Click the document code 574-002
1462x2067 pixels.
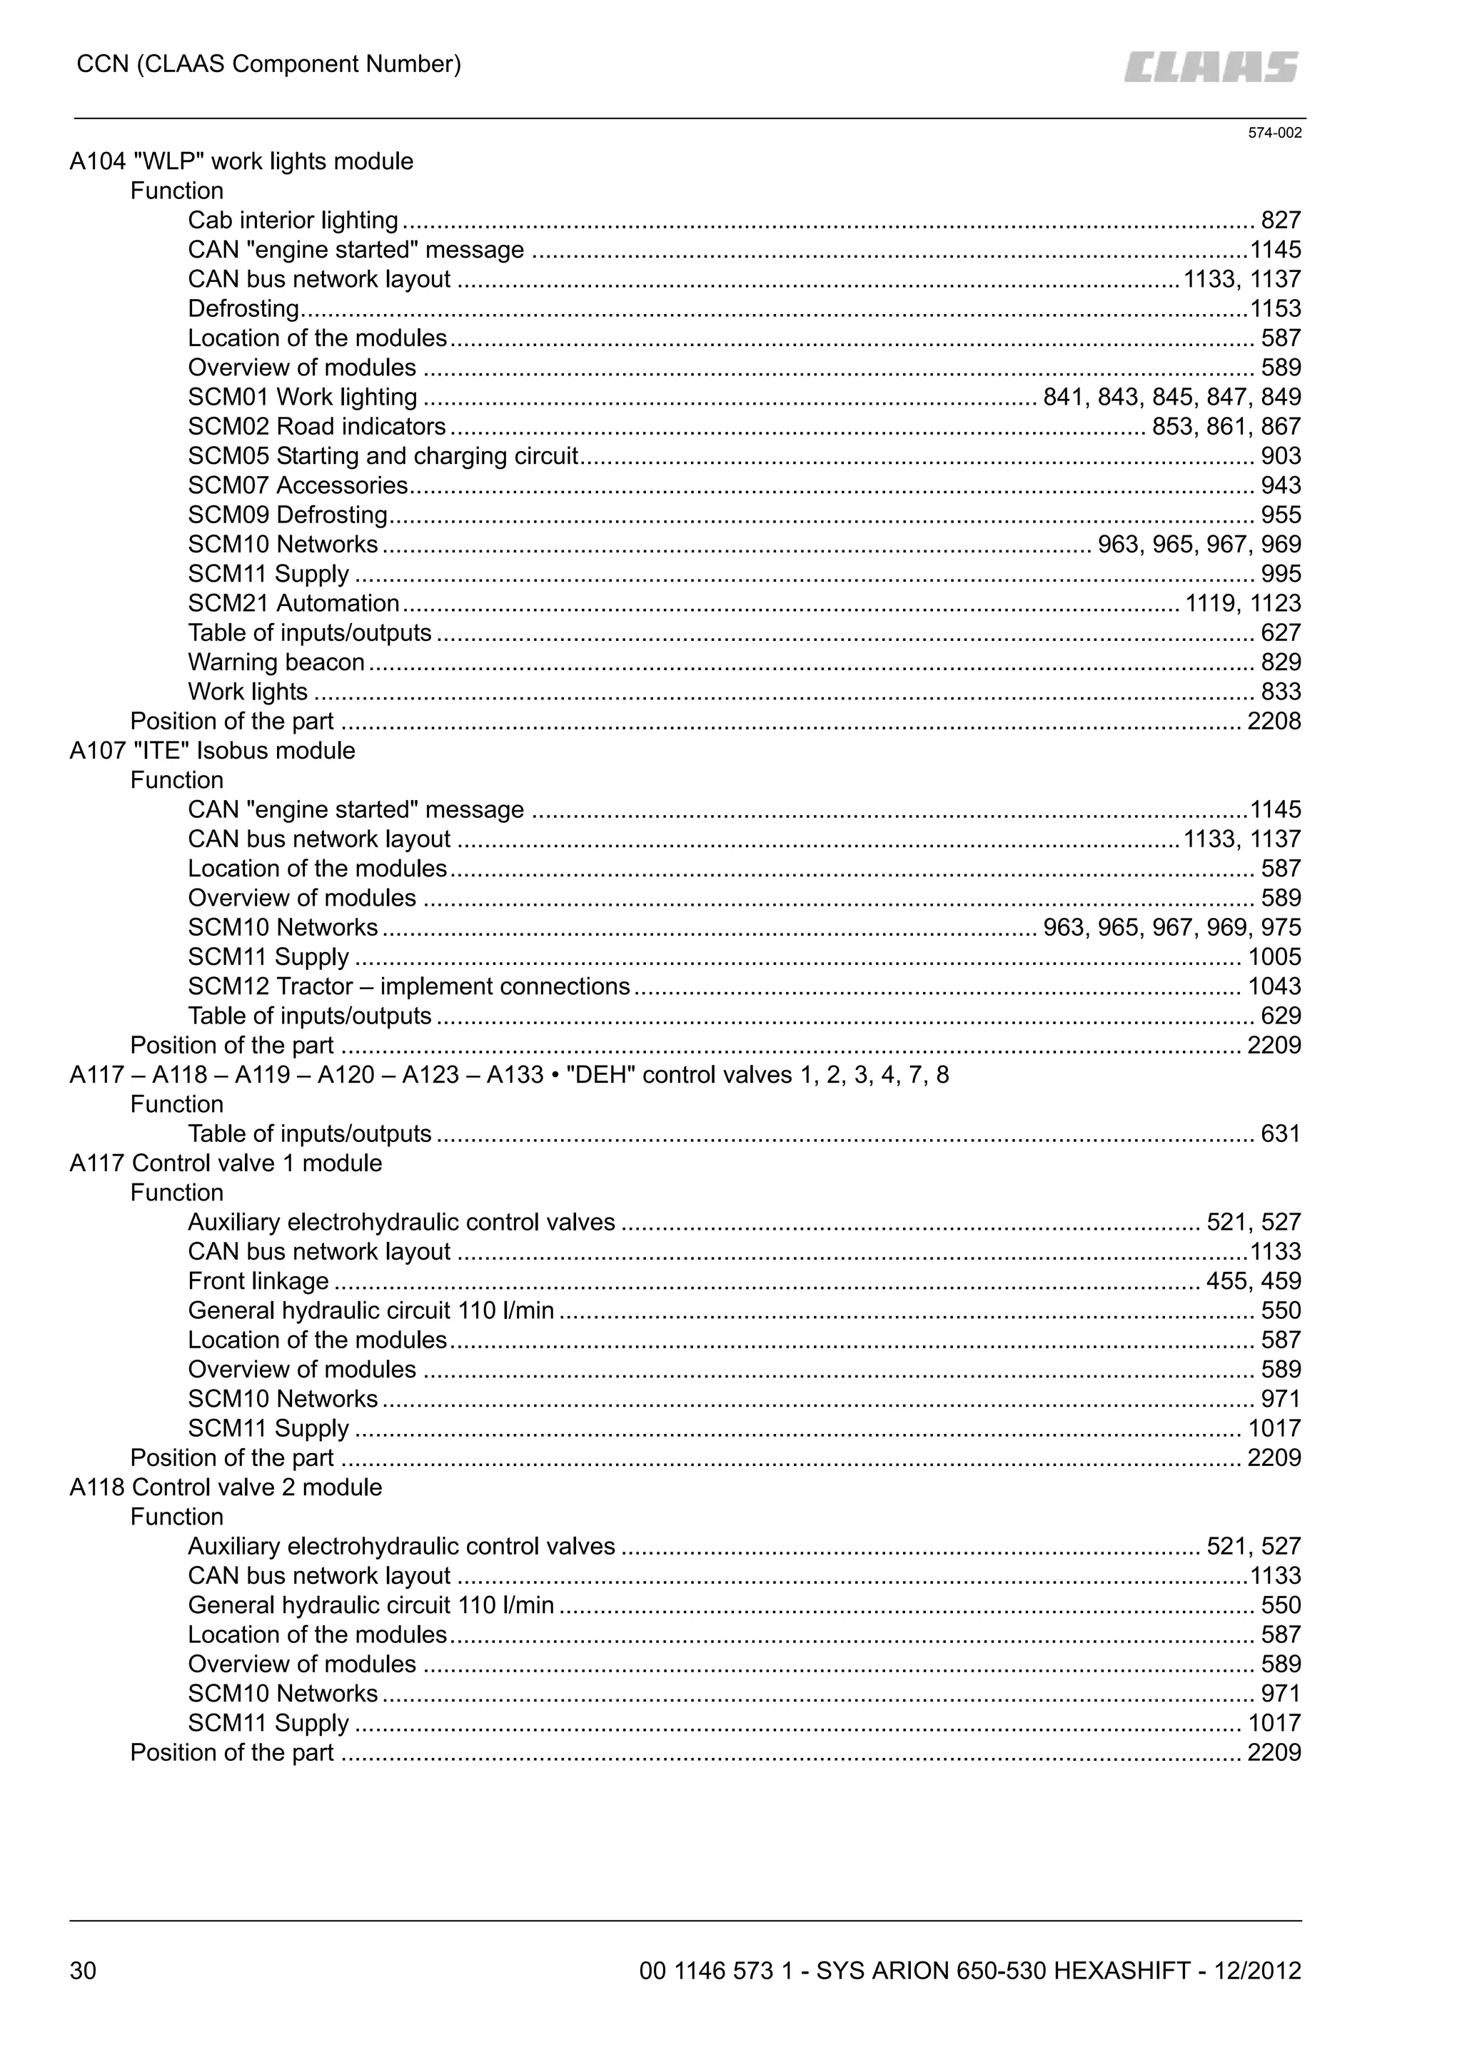click(x=1274, y=133)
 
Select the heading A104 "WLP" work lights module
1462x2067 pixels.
click(x=241, y=162)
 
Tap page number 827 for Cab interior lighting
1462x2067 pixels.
click(x=1280, y=221)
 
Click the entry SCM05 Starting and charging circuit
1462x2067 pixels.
click(x=383, y=456)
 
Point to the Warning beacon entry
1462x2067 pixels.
click(x=276, y=662)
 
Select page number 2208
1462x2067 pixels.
click(x=1273, y=721)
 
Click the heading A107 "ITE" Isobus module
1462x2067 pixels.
click(x=213, y=751)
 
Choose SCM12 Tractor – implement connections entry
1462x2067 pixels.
click(x=409, y=986)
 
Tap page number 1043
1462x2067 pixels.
click(x=1273, y=986)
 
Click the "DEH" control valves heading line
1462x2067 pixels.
click(x=509, y=1075)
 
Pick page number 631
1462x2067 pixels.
click(x=1280, y=1133)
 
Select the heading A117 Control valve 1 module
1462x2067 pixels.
click(x=226, y=1163)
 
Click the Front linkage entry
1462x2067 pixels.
click(x=258, y=1281)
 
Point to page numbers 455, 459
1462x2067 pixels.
click(x=1253, y=1281)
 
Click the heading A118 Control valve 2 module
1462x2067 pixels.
click(x=226, y=1487)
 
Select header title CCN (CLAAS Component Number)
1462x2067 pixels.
click(x=268, y=65)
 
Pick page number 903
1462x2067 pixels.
click(x=1280, y=456)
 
